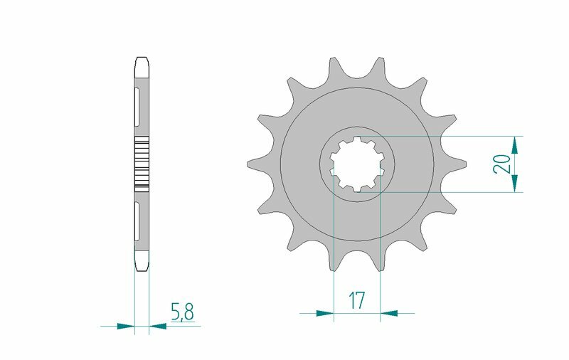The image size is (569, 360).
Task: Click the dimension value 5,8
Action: click(181, 311)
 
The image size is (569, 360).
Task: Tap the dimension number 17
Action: click(356, 300)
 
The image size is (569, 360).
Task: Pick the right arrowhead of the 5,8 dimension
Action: click(157, 327)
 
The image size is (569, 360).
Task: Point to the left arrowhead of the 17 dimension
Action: click(325, 312)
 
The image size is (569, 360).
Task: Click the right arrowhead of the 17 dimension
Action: click(389, 312)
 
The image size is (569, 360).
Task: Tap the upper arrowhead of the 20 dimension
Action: click(514, 144)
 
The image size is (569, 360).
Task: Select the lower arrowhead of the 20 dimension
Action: click(514, 183)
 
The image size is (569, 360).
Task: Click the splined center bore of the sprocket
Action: click(357, 164)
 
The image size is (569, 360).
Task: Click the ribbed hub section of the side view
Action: click(142, 163)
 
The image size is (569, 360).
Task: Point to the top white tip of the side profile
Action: click(142, 63)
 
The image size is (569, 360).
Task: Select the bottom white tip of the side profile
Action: click(142, 265)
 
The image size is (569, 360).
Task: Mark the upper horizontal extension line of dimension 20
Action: click(455, 136)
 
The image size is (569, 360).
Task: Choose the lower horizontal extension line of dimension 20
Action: click(455, 192)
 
